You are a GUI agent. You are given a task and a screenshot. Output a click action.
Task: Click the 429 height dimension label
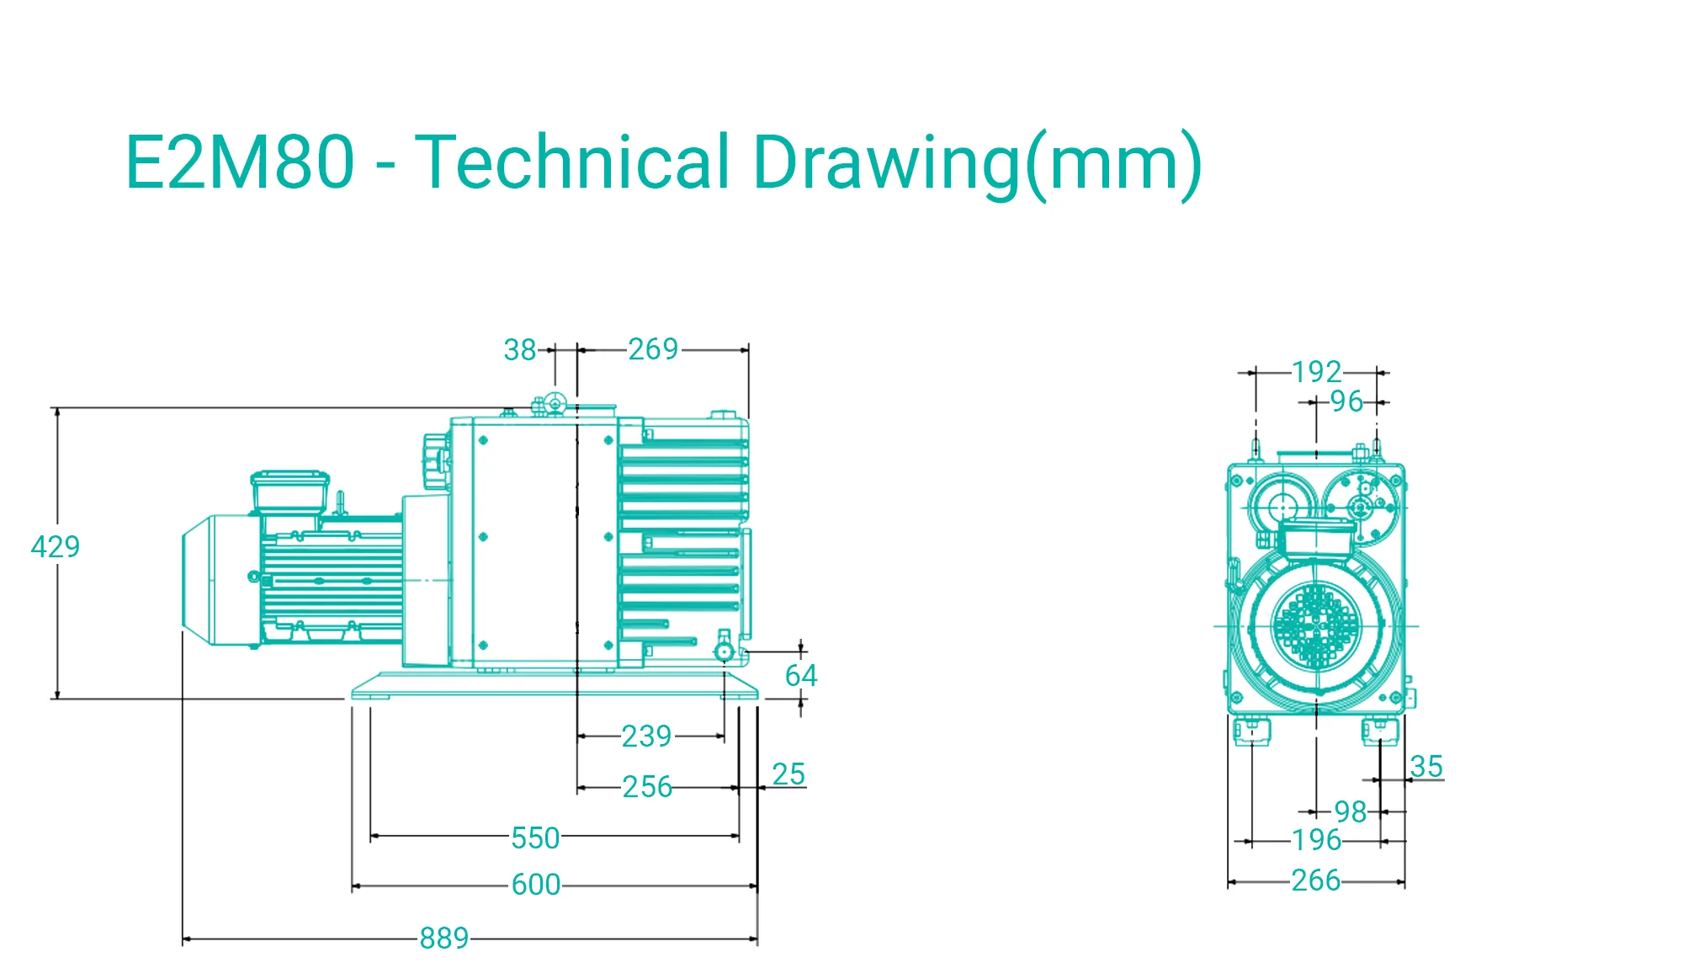coord(56,547)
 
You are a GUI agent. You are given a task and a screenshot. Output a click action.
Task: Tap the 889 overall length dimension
coord(444,938)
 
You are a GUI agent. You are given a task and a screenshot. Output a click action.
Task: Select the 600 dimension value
coord(536,885)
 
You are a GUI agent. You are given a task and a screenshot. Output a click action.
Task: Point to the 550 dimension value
coord(535,838)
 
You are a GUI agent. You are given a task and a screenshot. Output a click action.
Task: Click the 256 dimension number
coord(647,787)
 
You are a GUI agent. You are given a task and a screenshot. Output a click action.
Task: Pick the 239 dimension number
coord(646,737)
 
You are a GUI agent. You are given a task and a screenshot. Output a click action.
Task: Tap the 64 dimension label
coord(800,675)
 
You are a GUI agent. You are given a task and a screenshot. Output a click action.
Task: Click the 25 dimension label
coord(788,774)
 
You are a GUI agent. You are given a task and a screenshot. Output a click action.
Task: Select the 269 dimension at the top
coord(653,349)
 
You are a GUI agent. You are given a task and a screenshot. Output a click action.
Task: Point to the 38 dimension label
coord(520,350)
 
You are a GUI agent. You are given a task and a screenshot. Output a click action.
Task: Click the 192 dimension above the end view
coord(1317,372)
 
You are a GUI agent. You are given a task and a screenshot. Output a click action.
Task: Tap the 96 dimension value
coord(1346,402)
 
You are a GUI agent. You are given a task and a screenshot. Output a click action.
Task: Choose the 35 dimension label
coord(1426,767)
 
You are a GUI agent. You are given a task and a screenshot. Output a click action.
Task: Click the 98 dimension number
coord(1351,812)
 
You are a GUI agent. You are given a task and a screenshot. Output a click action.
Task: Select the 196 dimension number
coord(1317,840)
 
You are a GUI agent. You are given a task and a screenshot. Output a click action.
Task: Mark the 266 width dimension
coord(1316,880)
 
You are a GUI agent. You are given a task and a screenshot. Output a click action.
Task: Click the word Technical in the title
coord(572,162)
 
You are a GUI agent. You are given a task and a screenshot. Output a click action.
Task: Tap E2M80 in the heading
coord(240,162)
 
